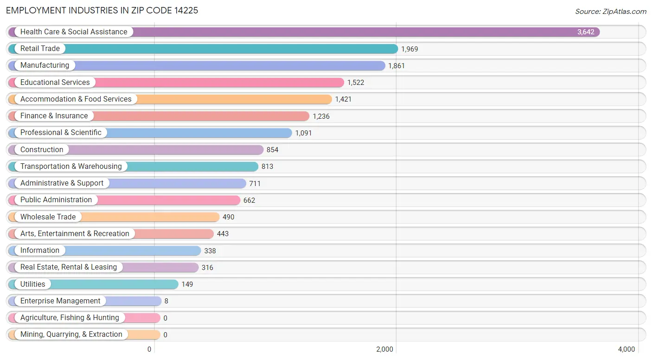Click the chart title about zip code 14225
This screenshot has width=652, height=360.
(x=102, y=10)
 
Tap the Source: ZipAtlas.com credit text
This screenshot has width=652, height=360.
(x=610, y=12)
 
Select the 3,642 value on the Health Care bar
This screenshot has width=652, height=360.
(x=585, y=32)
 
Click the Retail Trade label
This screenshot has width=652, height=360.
(x=40, y=49)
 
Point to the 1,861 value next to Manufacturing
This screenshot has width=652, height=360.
(x=396, y=66)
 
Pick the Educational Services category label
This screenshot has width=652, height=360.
(x=55, y=83)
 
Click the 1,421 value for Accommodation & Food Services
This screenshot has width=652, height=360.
(x=343, y=99)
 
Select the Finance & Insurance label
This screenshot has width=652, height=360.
(x=54, y=116)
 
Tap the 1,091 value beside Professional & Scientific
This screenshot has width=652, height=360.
(x=303, y=133)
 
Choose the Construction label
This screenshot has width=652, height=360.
(x=42, y=150)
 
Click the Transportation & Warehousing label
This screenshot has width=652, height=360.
(x=71, y=167)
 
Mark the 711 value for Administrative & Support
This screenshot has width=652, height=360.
(x=255, y=184)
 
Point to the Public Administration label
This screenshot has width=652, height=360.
(x=56, y=200)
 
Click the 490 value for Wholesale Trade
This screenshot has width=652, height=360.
(x=228, y=217)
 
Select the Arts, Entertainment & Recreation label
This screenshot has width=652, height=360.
(x=75, y=234)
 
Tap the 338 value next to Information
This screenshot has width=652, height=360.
(x=210, y=251)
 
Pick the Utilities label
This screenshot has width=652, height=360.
(x=33, y=284)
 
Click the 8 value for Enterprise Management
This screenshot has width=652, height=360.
(x=166, y=301)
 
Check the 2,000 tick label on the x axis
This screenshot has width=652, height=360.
(x=384, y=349)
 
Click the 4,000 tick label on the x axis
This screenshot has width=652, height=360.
(x=626, y=349)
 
